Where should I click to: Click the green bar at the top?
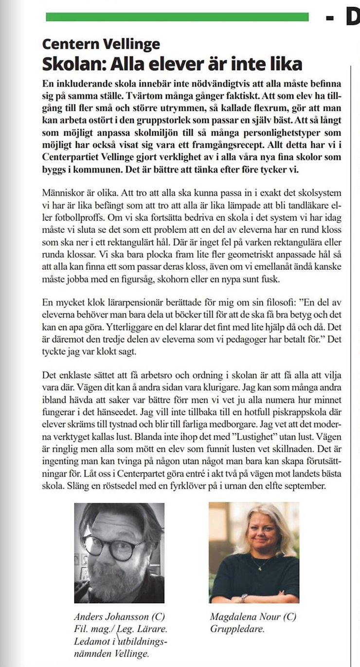pyautogui.click(x=177, y=17)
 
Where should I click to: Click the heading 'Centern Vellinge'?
pyautogui.click(x=101, y=44)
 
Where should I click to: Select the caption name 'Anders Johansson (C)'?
pyautogui.click(x=119, y=617)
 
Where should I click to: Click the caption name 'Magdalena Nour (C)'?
pyautogui.click(x=253, y=617)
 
